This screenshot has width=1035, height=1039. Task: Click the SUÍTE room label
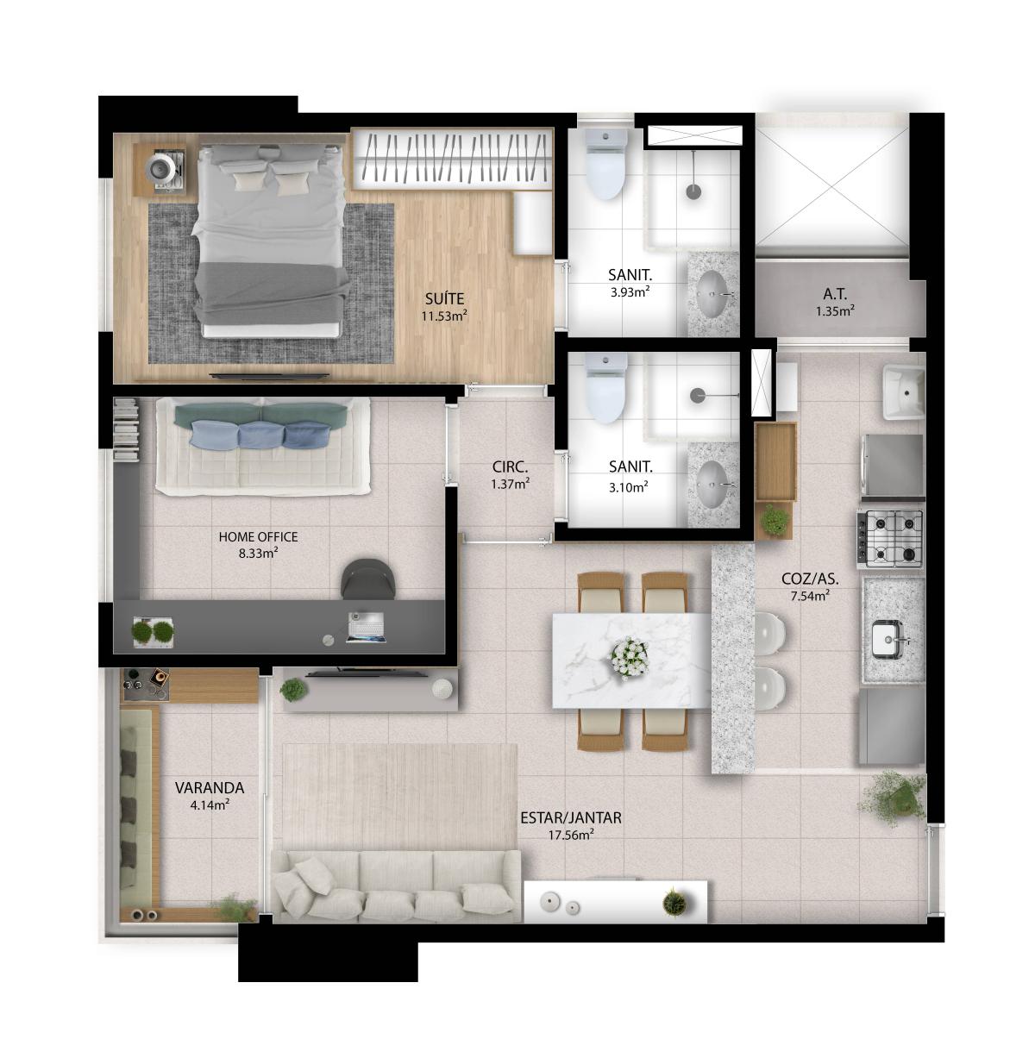pos(444,298)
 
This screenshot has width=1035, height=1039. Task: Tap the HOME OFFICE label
pos(258,537)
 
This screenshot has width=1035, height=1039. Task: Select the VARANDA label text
pos(210,788)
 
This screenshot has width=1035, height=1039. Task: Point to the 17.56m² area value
pos(571,836)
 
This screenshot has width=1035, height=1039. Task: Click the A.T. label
pos(835,294)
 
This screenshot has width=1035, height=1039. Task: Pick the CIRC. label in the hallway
pos(510,466)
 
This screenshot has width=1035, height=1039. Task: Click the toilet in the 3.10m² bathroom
pos(606,388)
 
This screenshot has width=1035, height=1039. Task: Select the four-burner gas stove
pos(889,539)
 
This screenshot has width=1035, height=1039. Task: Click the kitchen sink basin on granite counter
pos(888,640)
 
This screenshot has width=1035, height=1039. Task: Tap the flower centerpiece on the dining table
pos(629,658)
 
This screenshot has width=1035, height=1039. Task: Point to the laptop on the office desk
pos(367,628)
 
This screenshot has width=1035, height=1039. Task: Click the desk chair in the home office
pos(368,579)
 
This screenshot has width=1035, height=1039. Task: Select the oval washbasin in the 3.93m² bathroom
pos(713,294)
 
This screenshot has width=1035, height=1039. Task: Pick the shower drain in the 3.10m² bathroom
pos(698,395)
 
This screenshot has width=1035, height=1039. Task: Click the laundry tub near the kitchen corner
pos(903,391)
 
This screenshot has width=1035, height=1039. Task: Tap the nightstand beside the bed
pos(160,170)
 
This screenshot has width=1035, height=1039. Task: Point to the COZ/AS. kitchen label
pos(810,579)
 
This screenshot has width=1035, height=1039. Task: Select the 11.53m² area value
pos(444,316)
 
